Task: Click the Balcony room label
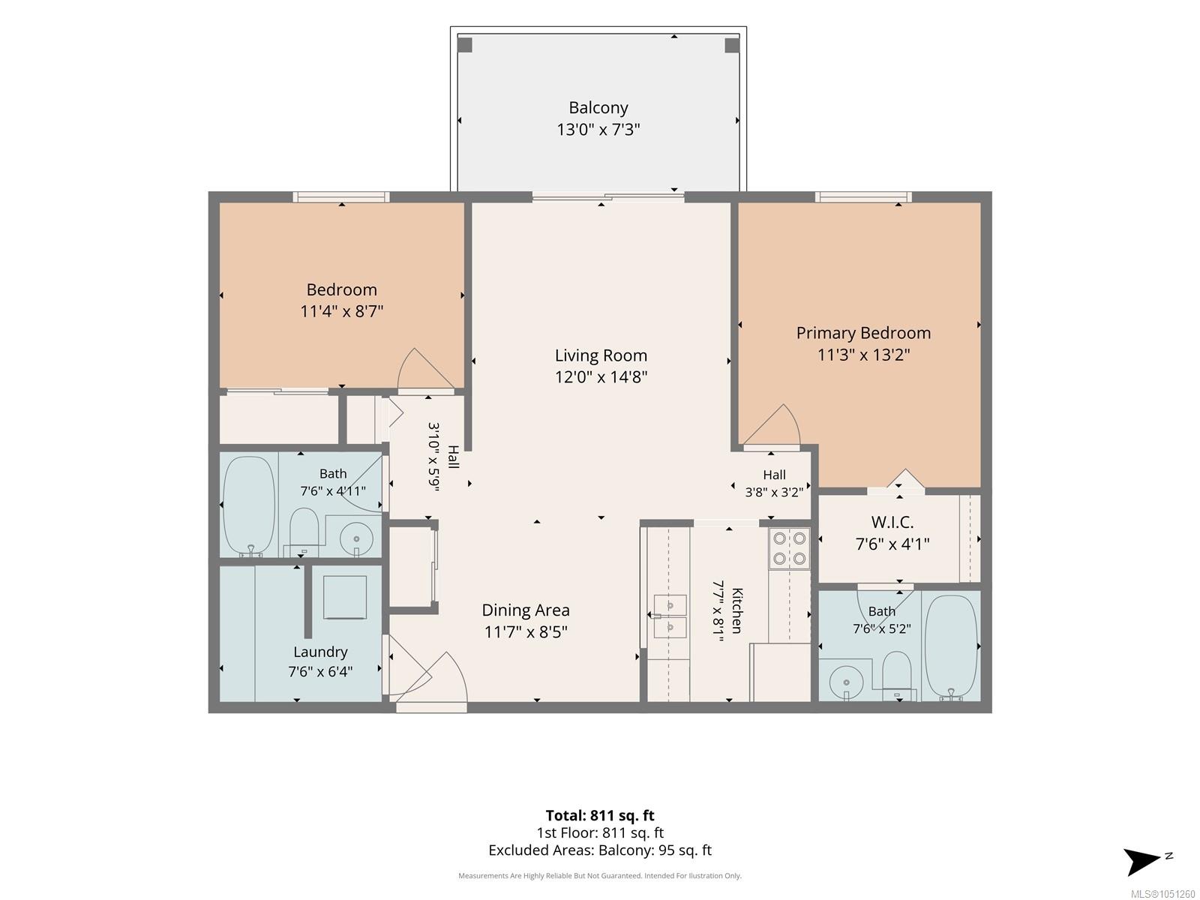(x=598, y=108)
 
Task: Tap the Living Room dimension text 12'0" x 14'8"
(x=601, y=377)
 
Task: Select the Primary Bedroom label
(x=863, y=333)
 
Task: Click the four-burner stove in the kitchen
(x=789, y=549)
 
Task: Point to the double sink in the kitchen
(x=670, y=616)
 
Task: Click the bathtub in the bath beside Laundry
(x=249, y=506)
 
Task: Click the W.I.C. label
(x=892, y=523)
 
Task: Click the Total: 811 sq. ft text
(x=600, y=815)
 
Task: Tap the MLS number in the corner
(x=1163, y=894)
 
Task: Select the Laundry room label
(x=320, y=651)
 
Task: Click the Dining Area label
(x=526, y=610)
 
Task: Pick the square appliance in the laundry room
(x=344, y=597)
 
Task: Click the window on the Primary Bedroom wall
(x=863, y=196)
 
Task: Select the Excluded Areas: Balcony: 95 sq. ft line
(x=600, y=850)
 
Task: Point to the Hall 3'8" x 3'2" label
(x=774, y=484)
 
